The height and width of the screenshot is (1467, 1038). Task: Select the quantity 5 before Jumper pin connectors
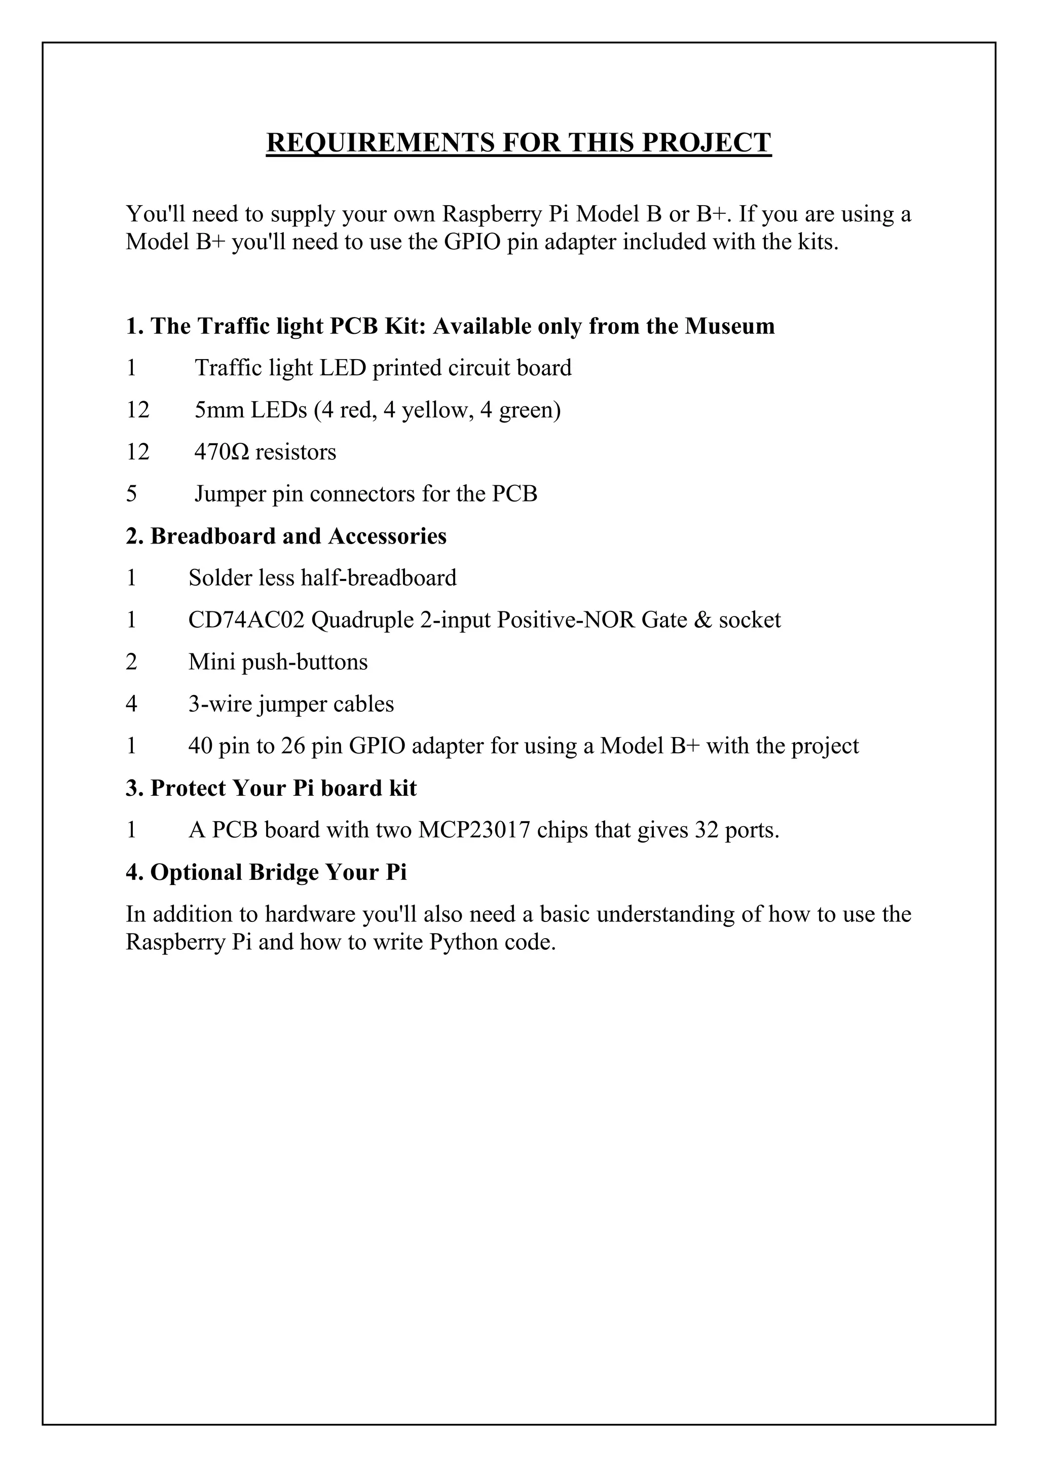coord(131,494)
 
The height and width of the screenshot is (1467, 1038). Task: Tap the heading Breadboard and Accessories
coord(286,536)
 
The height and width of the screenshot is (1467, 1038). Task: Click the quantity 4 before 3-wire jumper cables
coord(131,704)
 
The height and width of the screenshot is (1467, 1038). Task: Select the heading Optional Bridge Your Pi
coord(266,872)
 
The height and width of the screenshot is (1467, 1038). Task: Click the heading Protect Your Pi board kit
coord(271,788)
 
